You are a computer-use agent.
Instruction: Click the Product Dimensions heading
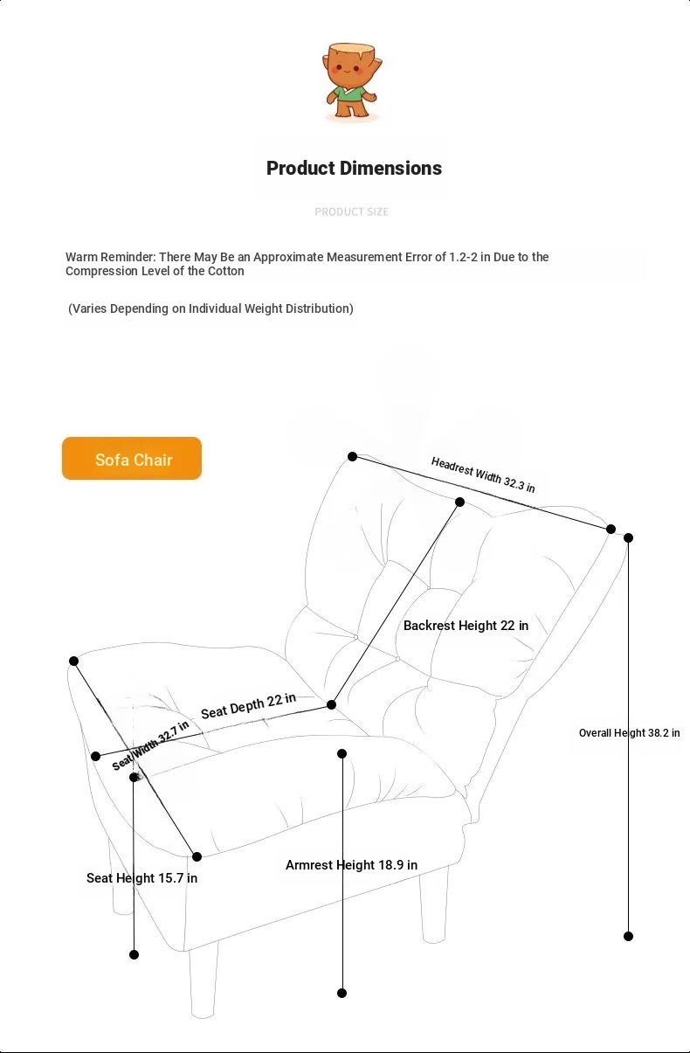tap(354, 168)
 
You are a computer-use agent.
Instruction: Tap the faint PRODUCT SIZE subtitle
tap(351, 211)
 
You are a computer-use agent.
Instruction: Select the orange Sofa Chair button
tap(132, 459)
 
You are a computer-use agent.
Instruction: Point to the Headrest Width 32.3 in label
tap(483, 475)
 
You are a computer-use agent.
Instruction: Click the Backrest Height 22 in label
tap(466, 626)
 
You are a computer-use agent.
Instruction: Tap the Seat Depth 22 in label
tap(248, 706)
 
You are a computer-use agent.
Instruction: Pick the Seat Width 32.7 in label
tap(150, 745)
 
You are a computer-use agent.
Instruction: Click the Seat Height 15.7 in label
tap(141, 877)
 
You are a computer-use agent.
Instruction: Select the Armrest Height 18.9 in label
tap(351, 865)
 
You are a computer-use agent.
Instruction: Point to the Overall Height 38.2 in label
tap(629, 733)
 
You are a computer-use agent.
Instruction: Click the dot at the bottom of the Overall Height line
tap(628, 936)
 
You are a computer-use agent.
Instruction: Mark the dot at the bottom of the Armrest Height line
tap(342, 993)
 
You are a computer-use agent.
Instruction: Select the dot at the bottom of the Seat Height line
tap(134, 954)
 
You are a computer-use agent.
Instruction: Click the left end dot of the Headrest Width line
tap(352, 456)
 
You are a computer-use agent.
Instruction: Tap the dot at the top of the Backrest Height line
tap(459, 502)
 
